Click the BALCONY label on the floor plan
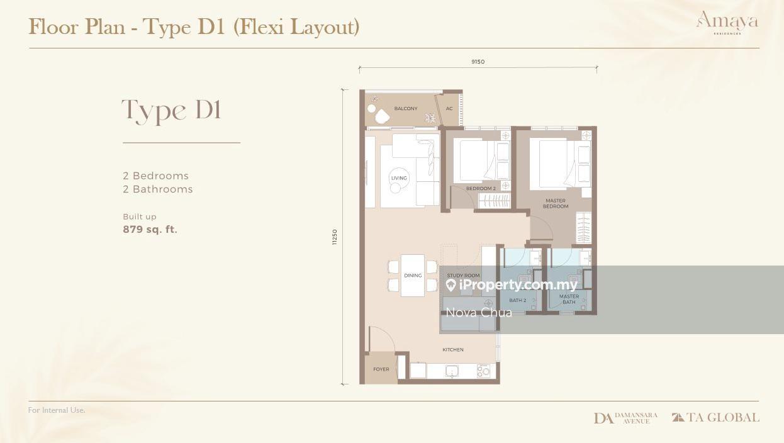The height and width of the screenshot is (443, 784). click(406, 108)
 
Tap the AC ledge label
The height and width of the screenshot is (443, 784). click(449, 108)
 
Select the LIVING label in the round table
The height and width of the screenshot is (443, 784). click(399, 178)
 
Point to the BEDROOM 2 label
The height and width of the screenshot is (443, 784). click(481, 188)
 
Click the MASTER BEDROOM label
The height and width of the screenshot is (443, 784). click(556, 203)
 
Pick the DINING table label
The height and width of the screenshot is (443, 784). click(413, 276)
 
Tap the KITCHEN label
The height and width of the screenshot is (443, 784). click(453, 350)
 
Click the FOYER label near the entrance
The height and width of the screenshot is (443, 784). click(381, 369)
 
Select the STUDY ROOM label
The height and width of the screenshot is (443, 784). click(463, 276)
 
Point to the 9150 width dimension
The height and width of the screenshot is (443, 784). click(478, 62)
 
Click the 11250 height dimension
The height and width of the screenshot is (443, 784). click(335, 237)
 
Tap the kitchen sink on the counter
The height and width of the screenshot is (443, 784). click(452, 371)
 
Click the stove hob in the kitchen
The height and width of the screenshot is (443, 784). click(484, 371)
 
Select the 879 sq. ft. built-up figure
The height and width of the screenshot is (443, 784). click(150, 230)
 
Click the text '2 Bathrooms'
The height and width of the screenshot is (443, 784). click(158, 189)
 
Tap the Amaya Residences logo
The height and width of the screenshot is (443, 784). click(727, 23)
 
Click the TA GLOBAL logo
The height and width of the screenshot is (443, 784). click(715, 417)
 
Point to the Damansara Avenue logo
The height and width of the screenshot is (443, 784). click(625, 418)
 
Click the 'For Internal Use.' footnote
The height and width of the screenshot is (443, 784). click(57, 410)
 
